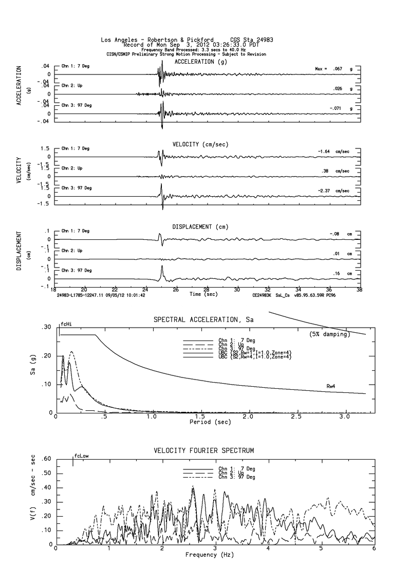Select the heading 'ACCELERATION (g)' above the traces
coord(200,62)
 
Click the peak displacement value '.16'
coord(336,274)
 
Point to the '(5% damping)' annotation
coord(329,334)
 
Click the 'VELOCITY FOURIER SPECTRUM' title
coord(204,450)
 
